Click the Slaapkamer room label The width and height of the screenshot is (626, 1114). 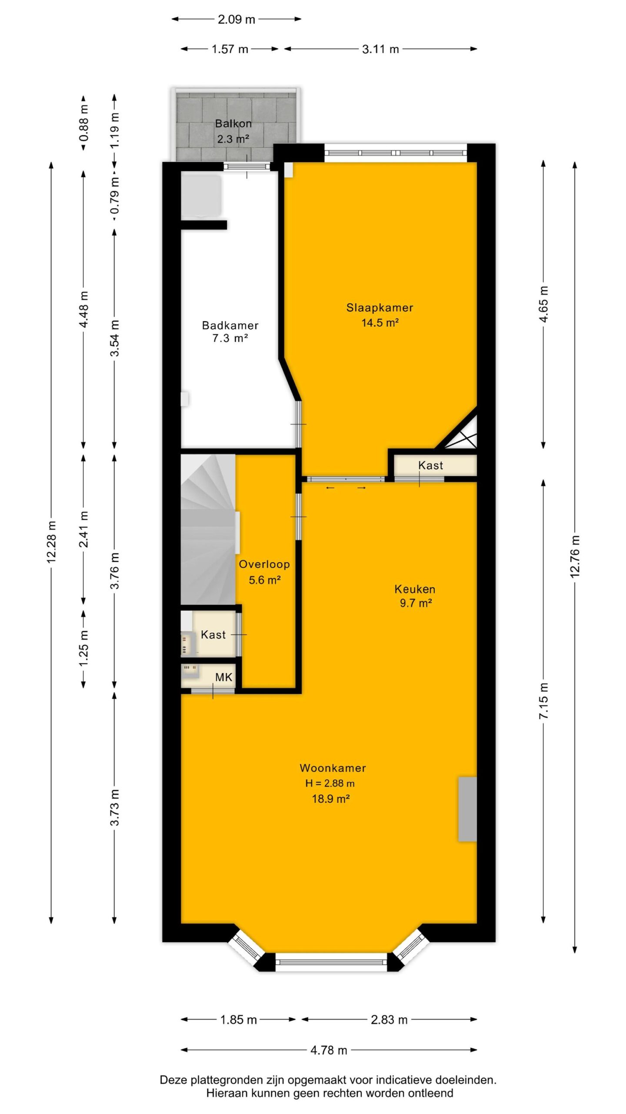pyautogui.click(x=380, y=308)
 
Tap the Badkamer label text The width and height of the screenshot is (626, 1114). pyautogui.click(x=230, y=325)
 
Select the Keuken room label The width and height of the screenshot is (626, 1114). pyautogui.click(x=415, y=589)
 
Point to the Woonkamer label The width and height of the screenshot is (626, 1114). pyautogui.click(x=333, y=768)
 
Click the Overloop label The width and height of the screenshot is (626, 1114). pyautogui.click(x=264, y=564)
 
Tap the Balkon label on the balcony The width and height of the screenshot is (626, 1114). pyautogui.click(x=233, y=124)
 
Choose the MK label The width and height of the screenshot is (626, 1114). pyautogui.click(x=224, y=677)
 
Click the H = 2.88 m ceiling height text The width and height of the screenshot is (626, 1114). pyautogui.click(x=330, y=783)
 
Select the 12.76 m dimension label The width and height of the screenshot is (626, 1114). pyautogui.click(x=575, y=556)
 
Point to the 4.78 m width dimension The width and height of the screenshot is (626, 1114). pyautogui.click(x=329, y=1050)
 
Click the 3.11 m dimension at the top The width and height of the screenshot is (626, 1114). pyautogui.click(x=380, y=49)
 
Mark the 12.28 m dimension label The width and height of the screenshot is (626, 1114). pyautogui.click(x=51, y=542)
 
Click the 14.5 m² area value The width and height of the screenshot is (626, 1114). pyautogui.click(x=380, y=322)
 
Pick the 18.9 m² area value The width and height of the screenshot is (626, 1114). pyautogui.click(x=331, y=799)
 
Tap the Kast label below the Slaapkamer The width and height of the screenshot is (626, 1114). pyautogui.click(x=430, y=465)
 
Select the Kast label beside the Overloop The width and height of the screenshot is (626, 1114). pyautogui.click(x=213, y=634)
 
